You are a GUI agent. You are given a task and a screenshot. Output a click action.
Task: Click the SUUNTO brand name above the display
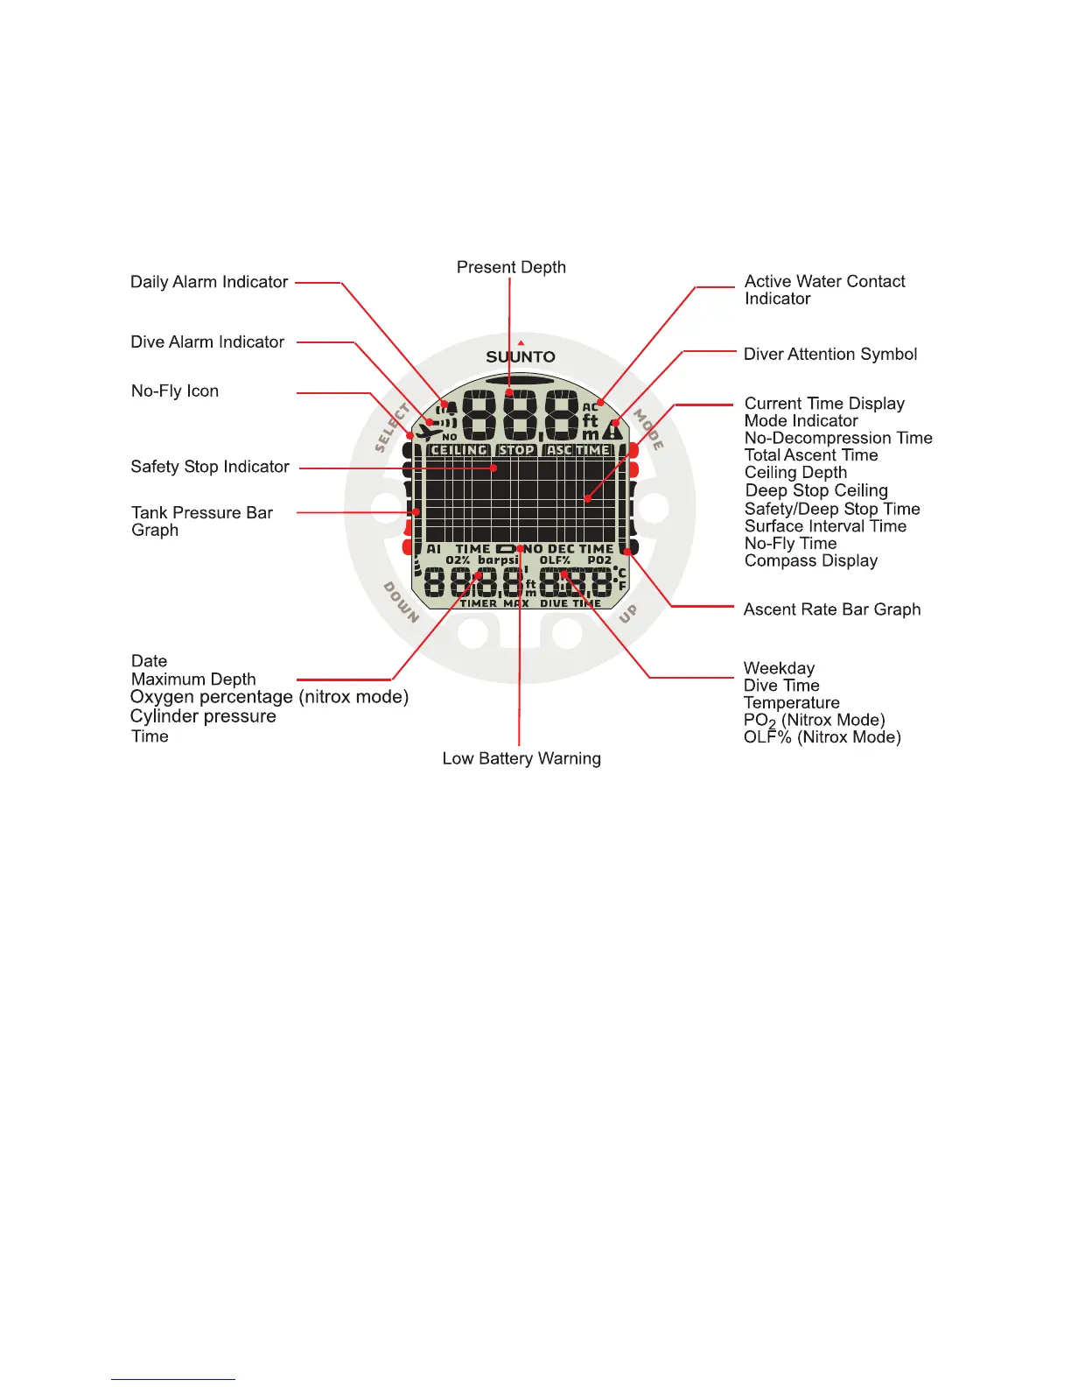521,356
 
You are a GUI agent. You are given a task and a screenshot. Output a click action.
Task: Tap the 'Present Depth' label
511,267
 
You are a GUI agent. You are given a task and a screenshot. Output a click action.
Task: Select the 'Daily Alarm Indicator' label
209,282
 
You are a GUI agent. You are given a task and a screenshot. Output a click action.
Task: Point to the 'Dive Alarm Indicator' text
207,341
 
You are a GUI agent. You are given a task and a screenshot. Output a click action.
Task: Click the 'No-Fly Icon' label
175,391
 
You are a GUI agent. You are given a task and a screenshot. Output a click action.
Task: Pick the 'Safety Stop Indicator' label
210,467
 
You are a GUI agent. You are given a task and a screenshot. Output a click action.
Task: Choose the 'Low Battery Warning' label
521,758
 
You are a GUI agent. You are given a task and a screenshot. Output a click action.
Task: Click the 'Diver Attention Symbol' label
830,354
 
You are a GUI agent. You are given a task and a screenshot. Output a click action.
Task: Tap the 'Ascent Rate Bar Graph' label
832,609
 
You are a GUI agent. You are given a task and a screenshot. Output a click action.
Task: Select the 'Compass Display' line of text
811,560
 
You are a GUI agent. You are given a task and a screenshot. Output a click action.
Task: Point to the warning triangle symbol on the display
612,430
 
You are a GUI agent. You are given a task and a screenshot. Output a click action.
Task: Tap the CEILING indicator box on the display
459,450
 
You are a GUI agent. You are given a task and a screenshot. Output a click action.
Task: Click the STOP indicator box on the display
516,450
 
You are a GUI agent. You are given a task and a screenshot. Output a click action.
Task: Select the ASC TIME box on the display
578,450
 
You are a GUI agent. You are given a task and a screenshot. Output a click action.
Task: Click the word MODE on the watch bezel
648,429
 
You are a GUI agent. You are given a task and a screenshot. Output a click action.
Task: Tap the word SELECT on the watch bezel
392,427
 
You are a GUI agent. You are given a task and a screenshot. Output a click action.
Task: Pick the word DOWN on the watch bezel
402,602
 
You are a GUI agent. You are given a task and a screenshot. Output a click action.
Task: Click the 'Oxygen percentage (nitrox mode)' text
269,697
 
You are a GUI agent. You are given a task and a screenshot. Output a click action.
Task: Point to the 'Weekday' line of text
779,668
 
